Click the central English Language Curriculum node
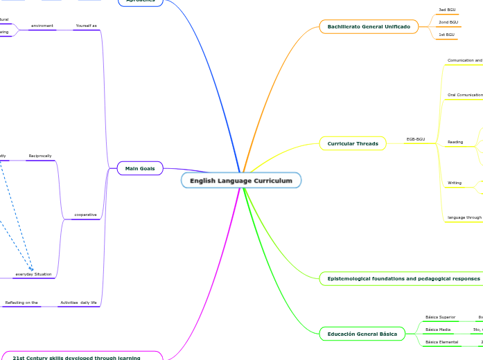(x=241, y=181)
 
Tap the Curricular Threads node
(x=353, y=144)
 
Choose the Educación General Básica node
(x=362, y=334)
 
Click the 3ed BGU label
(x=447, y=10)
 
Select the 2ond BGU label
(x=448, y=22)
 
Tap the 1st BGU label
(x=447, y=35)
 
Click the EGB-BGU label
(x=416, y=139)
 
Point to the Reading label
(x=455, y=142)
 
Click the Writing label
(x=455, y=183)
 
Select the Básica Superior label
(x=440, y=317)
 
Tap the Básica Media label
(x=438, y=330)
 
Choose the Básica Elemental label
(x=441, y=342)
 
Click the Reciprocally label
(x=40, y=156)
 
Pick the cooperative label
(x=85, y=215)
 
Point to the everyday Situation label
(x=33, y=274)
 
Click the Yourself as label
(x=87, y=26)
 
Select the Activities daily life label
(x=79, y=303)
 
